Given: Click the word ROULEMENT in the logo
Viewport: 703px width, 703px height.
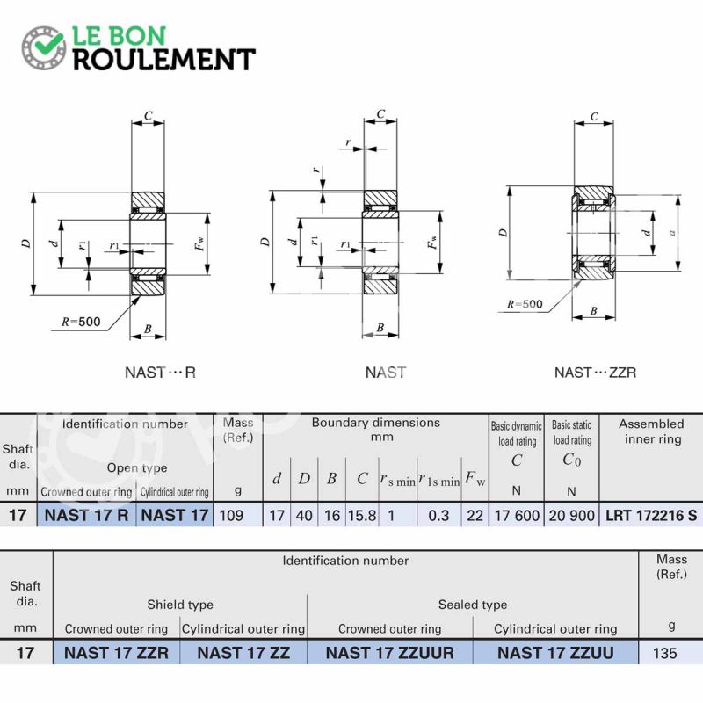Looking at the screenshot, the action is coord(164,60).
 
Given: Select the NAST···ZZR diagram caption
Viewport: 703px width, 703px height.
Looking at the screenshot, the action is coord(595,373).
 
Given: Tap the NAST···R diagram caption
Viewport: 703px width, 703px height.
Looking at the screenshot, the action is coord(160,373).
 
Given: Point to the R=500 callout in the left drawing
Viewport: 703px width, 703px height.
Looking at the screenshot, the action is coord(81,322).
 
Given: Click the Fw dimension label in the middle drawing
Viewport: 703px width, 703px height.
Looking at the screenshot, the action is coord(432,243).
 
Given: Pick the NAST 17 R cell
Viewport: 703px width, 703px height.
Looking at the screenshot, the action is coord(86,515).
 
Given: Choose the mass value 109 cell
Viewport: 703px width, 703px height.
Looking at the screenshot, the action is coord(231,516).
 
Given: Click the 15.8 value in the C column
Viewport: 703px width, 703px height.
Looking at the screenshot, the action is coord(362,516).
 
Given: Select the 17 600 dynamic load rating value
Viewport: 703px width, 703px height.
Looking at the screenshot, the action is coord(517,516).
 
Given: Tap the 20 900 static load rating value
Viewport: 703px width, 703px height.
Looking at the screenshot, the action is coord(572,516).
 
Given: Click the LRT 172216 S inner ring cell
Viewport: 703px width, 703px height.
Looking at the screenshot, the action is coord(651,516).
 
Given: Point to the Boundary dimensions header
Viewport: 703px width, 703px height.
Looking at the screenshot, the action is coord(376,429).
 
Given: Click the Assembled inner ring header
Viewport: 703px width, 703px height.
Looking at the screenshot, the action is coord(651,431).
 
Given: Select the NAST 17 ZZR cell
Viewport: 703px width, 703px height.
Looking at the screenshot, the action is coord(117,653).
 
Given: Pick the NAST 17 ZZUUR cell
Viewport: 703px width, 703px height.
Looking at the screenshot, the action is coord(389,653).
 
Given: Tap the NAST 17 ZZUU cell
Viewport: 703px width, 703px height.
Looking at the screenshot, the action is coord(555,653).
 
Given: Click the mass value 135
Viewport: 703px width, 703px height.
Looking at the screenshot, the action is coord(665,653).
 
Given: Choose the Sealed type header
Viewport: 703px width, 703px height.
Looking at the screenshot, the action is coord(473,605).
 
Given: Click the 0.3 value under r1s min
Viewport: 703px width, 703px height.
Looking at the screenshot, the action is coord(438,516).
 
